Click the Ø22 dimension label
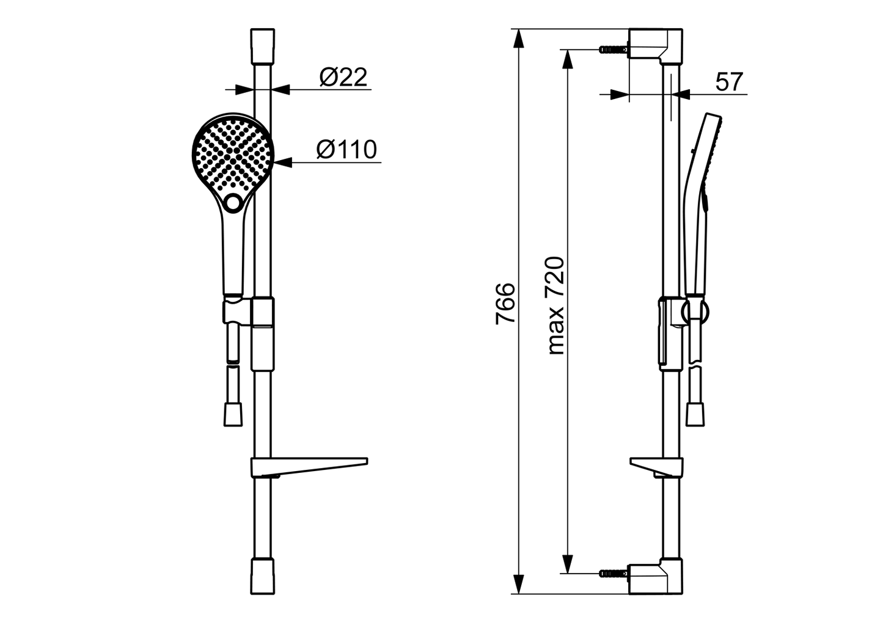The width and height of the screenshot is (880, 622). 343,78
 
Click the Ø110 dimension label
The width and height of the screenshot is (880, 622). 346,150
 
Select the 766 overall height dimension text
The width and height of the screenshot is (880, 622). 505,303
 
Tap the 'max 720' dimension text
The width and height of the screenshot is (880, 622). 556,306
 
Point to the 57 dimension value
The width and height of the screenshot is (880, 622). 729,82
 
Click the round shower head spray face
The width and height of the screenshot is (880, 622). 233,153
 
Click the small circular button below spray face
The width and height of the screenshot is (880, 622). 233,203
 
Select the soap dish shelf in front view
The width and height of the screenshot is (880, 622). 309,467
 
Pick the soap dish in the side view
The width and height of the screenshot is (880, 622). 656,467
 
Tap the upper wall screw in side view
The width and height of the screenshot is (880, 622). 614,49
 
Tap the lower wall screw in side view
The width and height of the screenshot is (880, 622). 614,574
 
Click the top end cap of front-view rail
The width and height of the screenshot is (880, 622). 262,46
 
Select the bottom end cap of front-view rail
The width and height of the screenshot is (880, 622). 262,576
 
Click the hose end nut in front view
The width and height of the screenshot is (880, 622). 233,415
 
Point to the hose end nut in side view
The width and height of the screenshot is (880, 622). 695,415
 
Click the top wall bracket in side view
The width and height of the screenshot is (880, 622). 656,46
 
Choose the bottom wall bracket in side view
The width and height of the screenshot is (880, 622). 656,576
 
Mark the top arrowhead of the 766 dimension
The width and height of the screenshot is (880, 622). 519,38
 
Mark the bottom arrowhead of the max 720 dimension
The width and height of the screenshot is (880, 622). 567,564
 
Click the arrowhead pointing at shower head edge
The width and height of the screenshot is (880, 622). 284,162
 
